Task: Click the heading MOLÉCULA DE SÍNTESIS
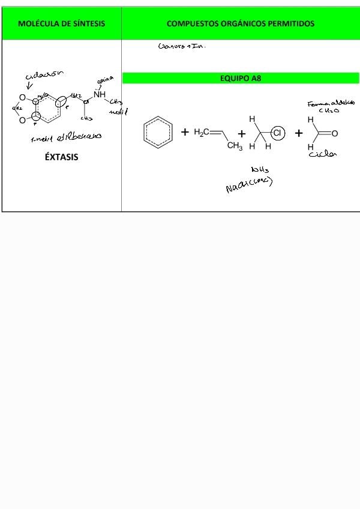pos(61,24)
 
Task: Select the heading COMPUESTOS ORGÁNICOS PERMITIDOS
pos(240,24)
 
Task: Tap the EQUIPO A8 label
pos(241,78)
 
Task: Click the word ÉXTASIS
pos(61,157)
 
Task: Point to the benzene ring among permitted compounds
pos(158,133)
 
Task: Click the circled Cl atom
pos(277,133)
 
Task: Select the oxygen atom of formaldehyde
pos(335,133)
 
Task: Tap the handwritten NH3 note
pos(260,170)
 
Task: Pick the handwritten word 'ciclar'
pos(322,154)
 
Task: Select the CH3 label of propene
pos(234,146)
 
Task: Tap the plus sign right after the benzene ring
pos(185,132)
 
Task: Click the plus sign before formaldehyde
pos(298,133)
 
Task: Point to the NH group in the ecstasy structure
pos(100,94)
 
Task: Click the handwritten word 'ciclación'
pos(44,76)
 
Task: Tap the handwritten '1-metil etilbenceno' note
pos(66,136)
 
